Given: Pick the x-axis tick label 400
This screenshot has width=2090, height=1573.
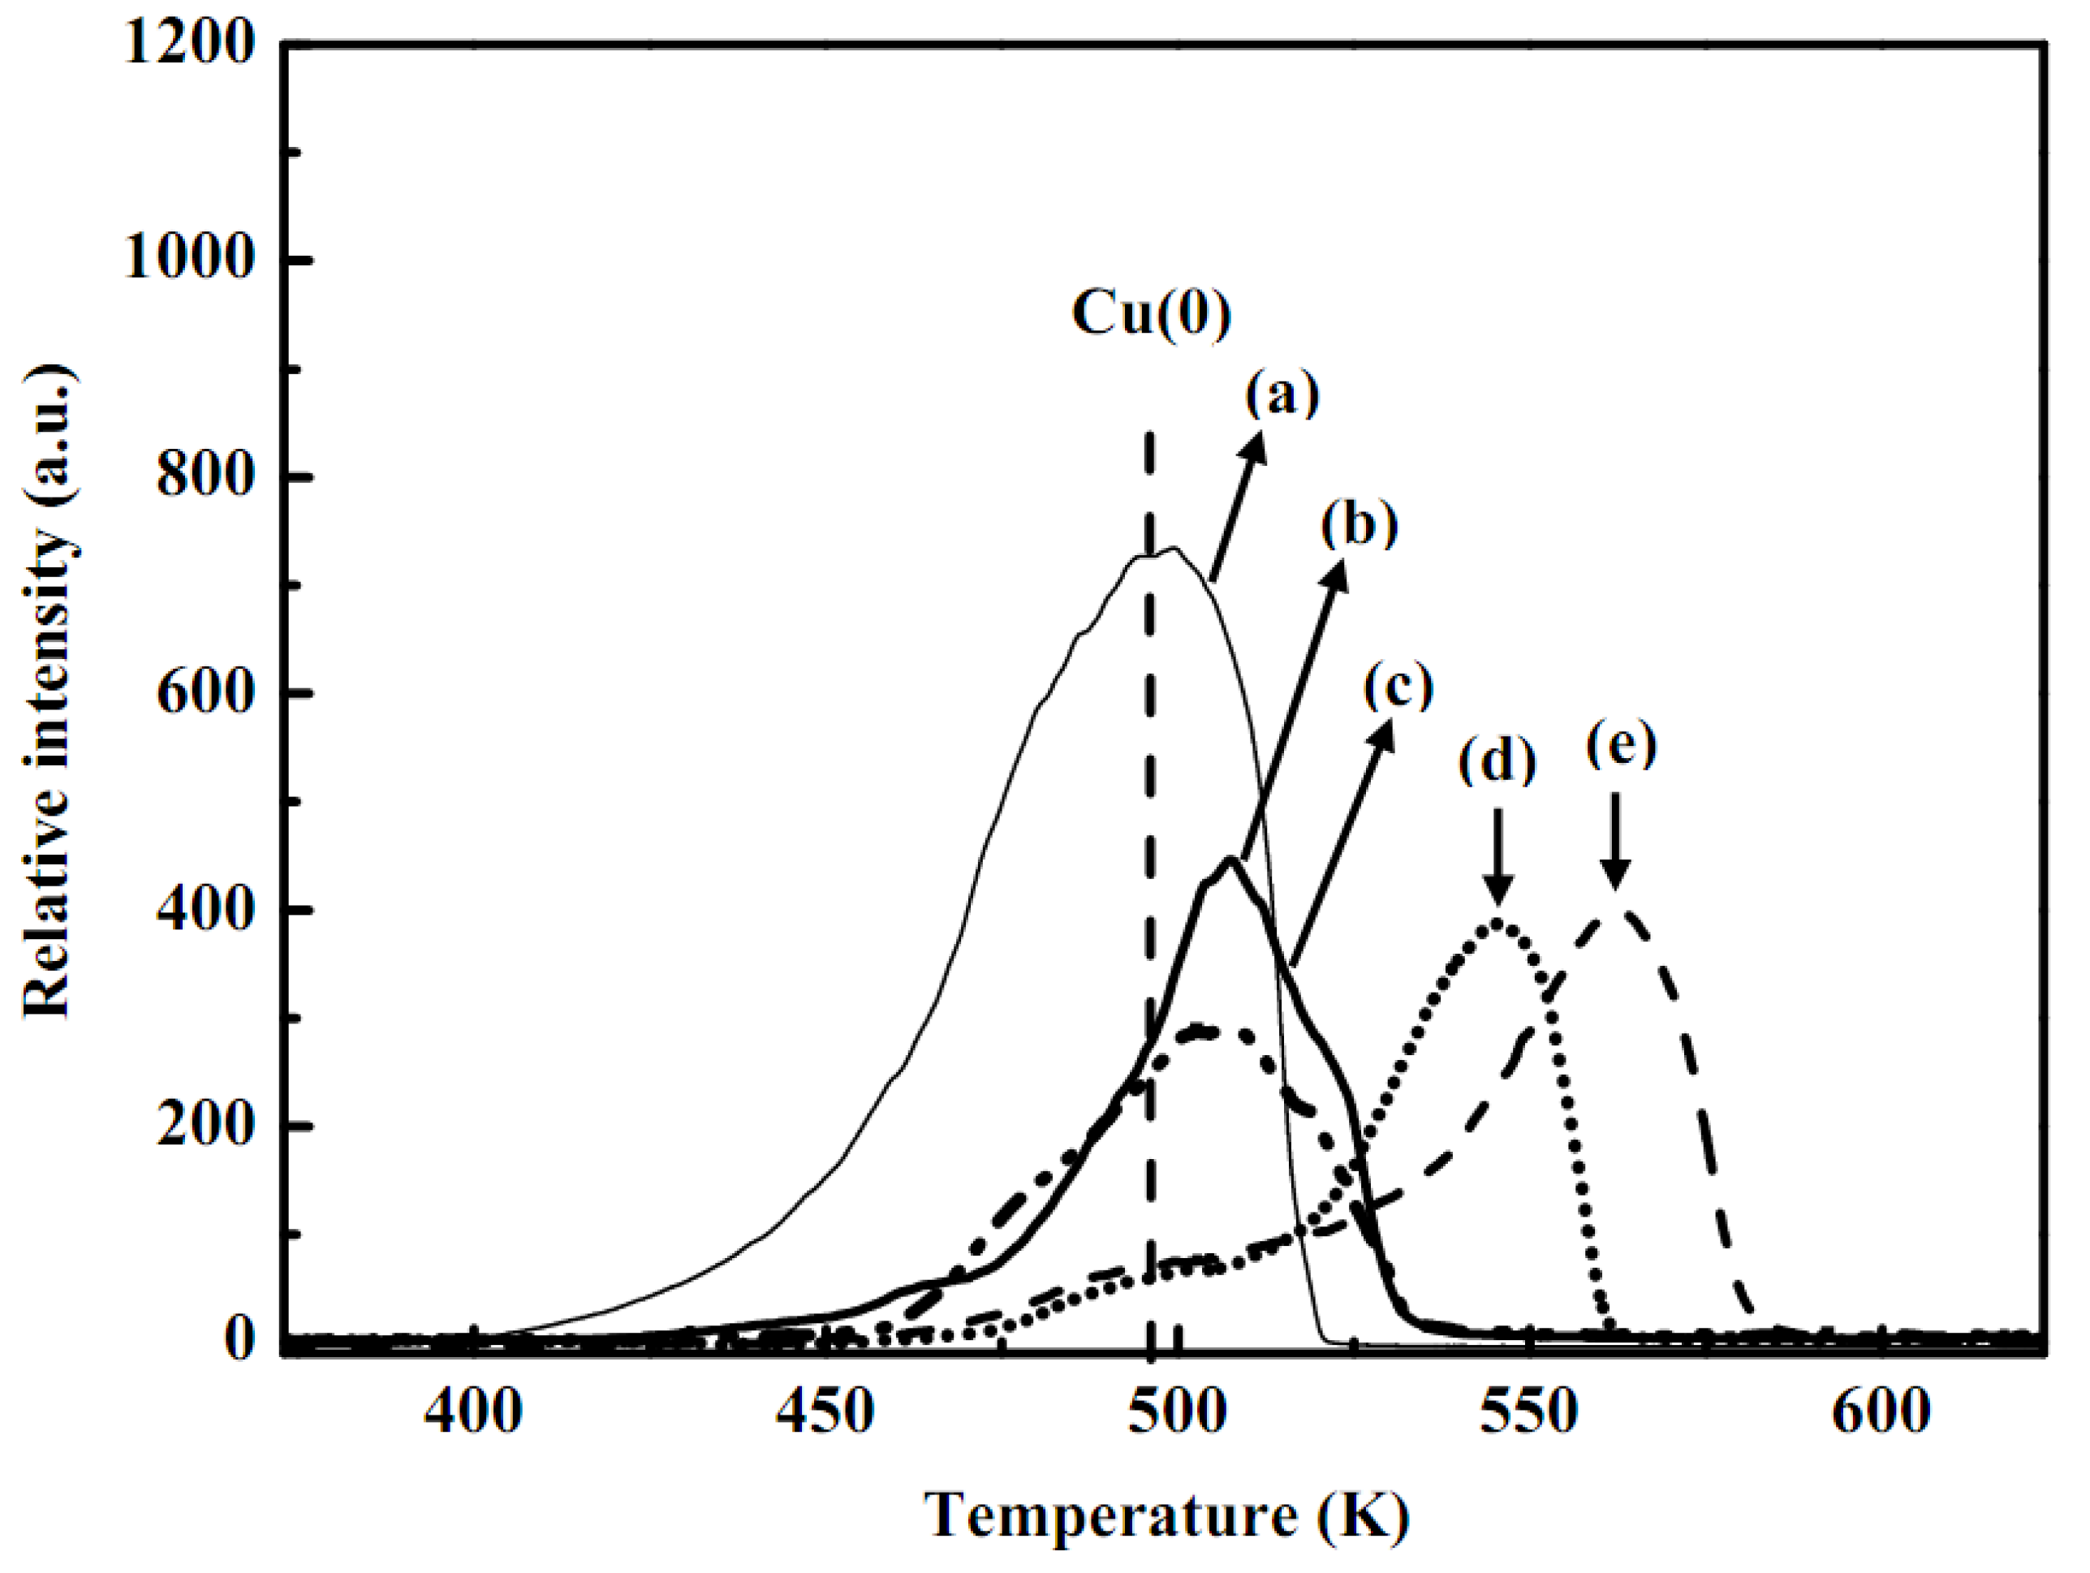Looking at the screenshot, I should click(x=472, y=1414).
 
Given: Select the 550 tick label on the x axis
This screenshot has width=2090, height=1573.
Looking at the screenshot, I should click(x=1529, y=1414).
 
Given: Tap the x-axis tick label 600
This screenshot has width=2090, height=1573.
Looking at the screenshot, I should click(x=1881, y=1414).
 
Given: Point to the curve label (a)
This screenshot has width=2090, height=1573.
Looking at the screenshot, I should click(x=1282, y=395).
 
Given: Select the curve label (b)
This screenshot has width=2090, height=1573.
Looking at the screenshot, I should click(x=1359, y=524).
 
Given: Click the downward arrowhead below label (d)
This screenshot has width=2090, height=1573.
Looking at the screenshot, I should click(x=1497, y=889).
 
